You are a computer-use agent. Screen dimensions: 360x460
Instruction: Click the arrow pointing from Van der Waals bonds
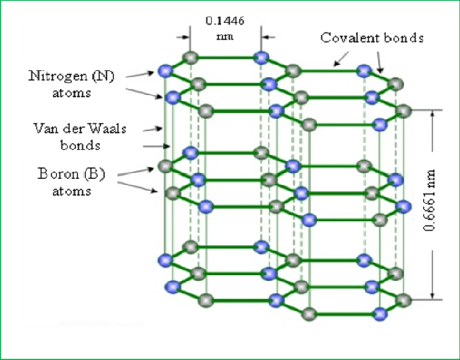154,145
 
